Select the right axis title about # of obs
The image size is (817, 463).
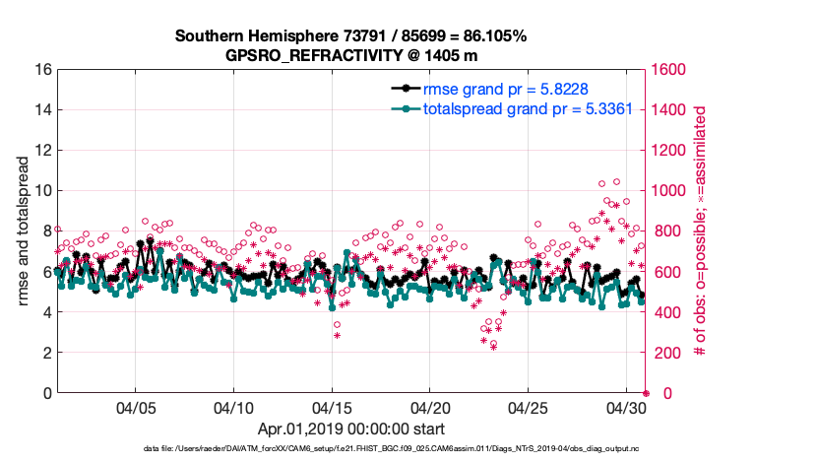pyautogui.click(x=702, y=231)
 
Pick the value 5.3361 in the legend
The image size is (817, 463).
pyautogui.click(x=614, y=108)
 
